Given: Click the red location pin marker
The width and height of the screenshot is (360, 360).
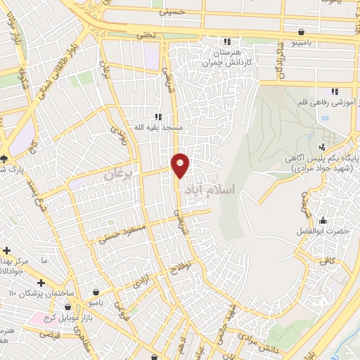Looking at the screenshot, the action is pos(181,164).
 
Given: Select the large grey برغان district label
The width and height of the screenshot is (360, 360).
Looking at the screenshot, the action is pos(117,174).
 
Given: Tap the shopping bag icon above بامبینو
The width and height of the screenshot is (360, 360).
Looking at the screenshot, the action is pos(302,32).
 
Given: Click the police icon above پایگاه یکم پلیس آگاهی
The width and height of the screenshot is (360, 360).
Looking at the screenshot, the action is pos(322,147).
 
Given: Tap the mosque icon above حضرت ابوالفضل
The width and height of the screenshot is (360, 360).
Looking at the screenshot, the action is pos(323,220).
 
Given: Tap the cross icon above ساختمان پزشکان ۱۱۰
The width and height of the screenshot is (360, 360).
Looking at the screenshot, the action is pos(41,283).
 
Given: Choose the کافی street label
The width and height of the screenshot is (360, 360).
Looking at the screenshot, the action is pos(328,260).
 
